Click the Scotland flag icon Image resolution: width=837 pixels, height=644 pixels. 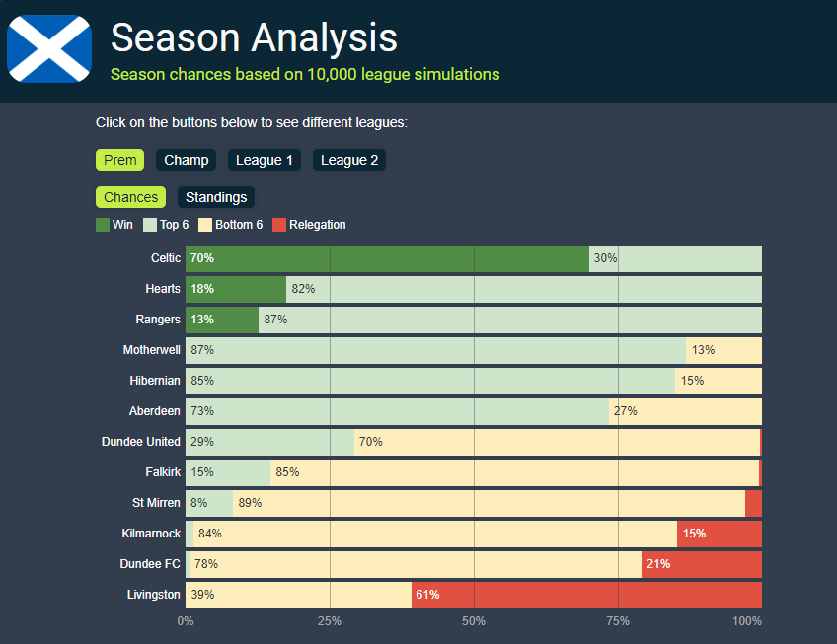[49, 49]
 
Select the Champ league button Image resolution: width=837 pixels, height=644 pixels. [187, 160]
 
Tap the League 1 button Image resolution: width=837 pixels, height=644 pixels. [265, 160]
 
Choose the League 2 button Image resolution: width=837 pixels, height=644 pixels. [349, 160]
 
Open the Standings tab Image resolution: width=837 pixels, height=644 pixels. [216, 197]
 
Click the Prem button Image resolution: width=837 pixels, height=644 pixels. [119, 160]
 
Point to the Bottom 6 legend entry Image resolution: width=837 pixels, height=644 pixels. [231, 225]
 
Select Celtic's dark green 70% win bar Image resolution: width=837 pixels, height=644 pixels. [387, 258]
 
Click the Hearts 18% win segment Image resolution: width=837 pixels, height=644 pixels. [236, 289]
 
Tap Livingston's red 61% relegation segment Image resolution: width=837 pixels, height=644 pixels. [586, 595]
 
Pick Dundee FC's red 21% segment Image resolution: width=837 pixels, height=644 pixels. [701, 564]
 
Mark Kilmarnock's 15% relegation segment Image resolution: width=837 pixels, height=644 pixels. [719, 534]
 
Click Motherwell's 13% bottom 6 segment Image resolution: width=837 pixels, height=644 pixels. [723, 350]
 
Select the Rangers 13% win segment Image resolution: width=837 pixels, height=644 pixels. [222, 320]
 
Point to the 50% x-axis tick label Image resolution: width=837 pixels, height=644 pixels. [475, 621]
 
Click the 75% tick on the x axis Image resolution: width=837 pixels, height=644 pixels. [619, 621]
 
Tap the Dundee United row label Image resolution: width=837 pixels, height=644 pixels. [141, 442]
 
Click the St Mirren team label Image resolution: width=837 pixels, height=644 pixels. [156, 503]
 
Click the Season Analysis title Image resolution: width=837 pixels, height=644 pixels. [254, 37]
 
